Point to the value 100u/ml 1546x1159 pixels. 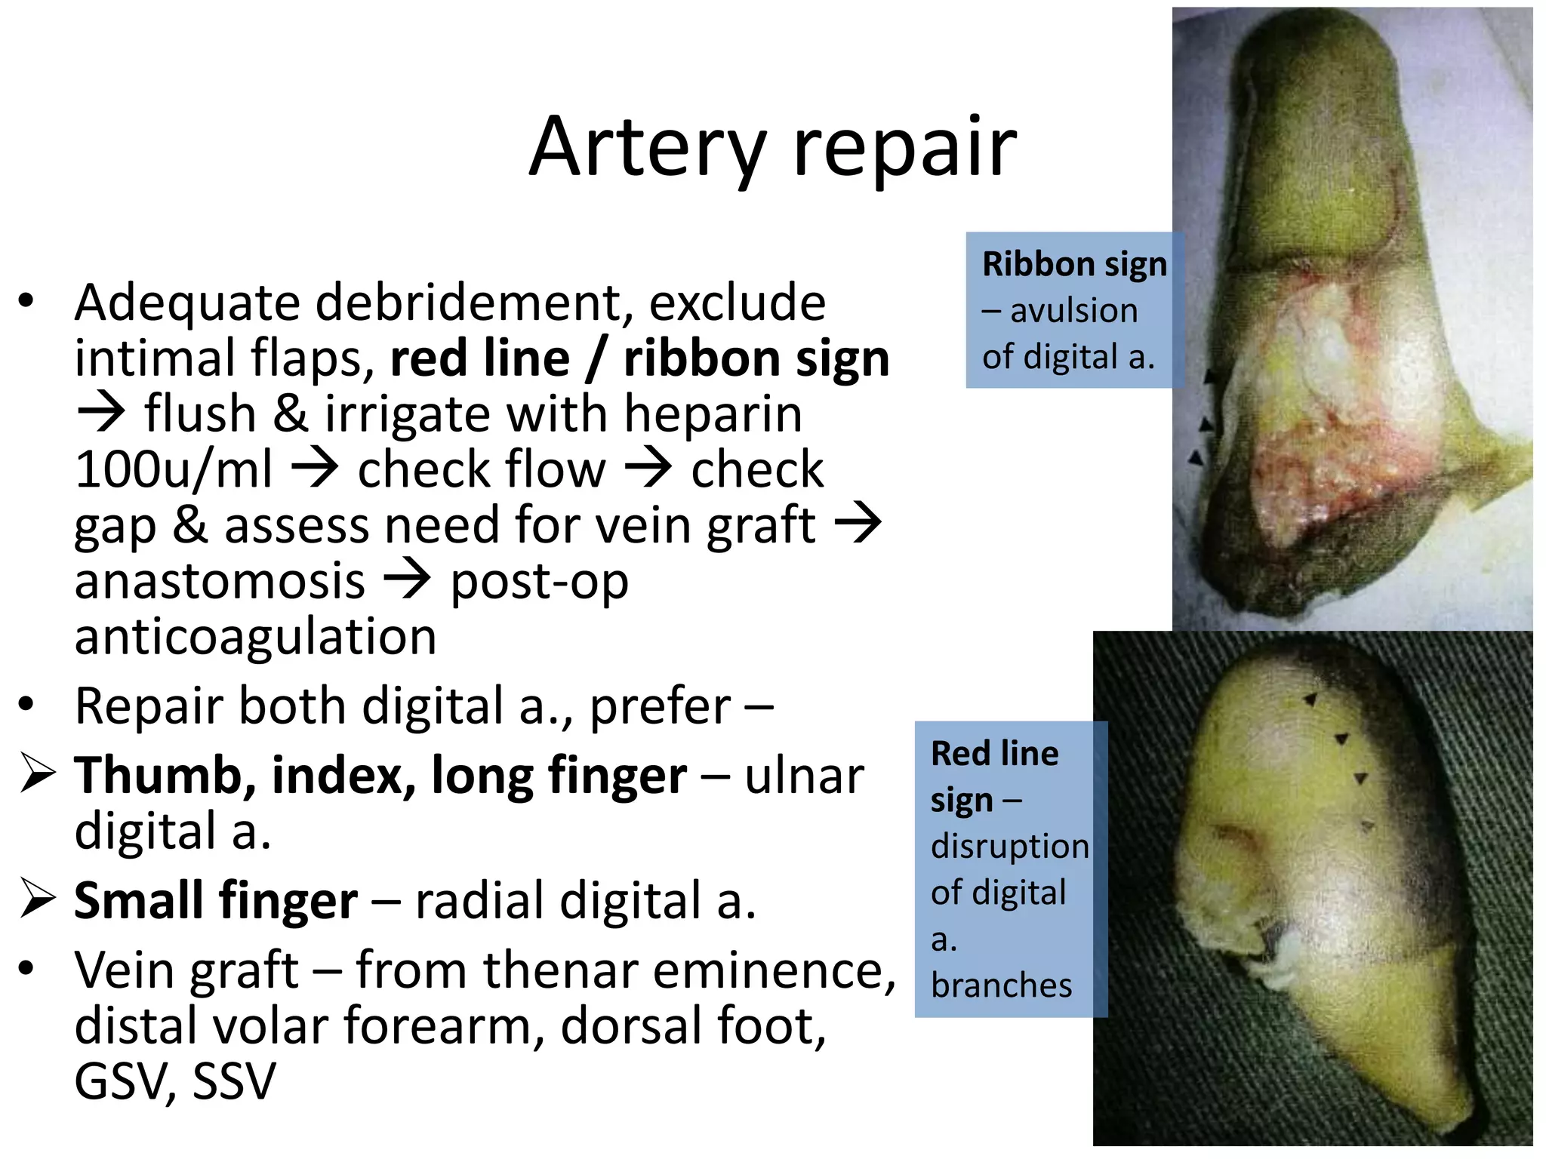click(x=174, y=470)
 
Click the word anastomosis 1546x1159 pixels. click(x=220, y=582)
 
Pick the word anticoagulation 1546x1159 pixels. click(x=255, y=637)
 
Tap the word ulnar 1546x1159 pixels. click(x=804, y=776)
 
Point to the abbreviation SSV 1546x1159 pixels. click(x=235, y=1082)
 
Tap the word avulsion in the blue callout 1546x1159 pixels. click(x=1073, y=311)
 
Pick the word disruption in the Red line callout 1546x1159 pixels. click(x=1009, y=847)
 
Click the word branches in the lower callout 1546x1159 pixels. click(x=1001, y=985)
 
